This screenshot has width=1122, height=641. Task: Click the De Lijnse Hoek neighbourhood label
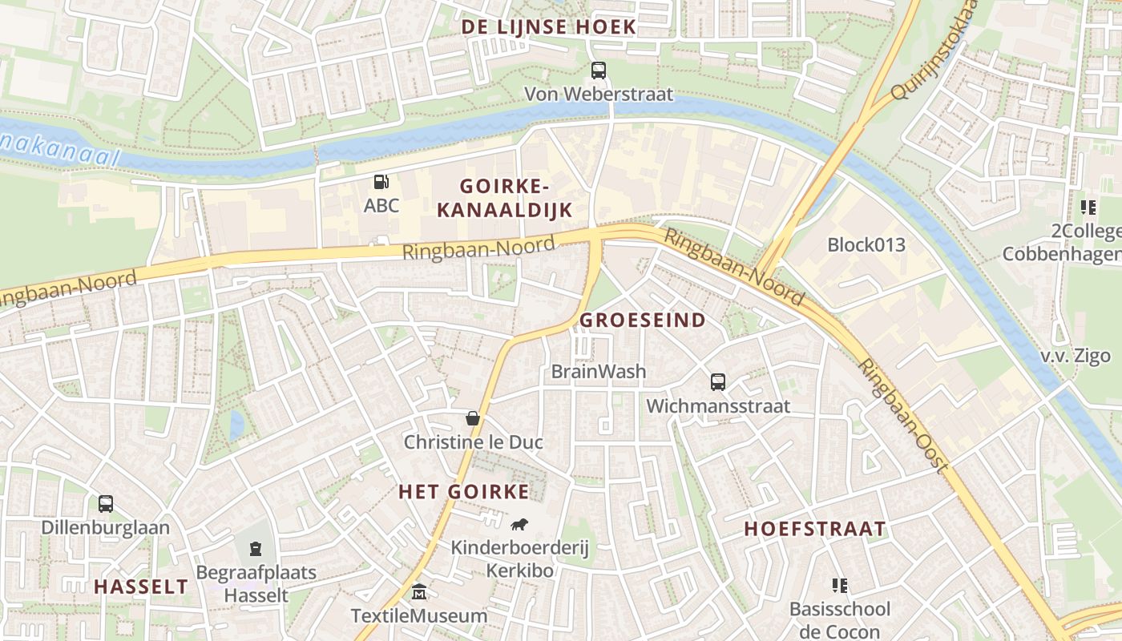[548, 27]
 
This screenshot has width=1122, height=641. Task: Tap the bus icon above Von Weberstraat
[599, 71]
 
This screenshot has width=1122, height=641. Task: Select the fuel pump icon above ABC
[381, 182]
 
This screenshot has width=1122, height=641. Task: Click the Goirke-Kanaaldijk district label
[505, 199]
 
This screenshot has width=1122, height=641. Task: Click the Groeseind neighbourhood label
[643, 320]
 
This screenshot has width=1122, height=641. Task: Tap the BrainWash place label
[599, 372]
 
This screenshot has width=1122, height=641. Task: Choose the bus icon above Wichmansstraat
[717, 382]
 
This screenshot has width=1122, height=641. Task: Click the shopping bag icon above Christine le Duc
[473, 418]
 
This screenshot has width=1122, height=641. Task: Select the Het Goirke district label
[464, 492]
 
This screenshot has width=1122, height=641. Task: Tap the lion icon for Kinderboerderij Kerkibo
[519, 525]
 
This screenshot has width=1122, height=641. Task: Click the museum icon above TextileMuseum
[418, 592]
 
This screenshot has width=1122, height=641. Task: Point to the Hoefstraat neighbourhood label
[815, 529]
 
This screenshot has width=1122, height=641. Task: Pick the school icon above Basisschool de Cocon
[839, 586]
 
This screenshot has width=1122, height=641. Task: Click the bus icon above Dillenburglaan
[106, 504]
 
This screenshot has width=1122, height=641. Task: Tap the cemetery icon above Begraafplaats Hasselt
[256, 549]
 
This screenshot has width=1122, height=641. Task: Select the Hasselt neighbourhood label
[141, 587]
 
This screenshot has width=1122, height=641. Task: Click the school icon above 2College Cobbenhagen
[1088, 208]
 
